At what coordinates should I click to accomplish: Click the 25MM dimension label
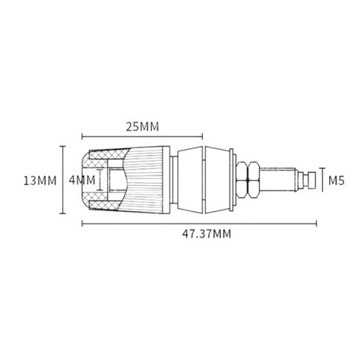click(142, 127)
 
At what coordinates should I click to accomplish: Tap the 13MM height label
click(40, 181)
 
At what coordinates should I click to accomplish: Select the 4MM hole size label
click(82, 180)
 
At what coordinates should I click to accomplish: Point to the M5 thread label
click(336, 181)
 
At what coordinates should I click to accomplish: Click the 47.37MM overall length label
click(207, 234)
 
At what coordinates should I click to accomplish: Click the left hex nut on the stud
click(241, 180)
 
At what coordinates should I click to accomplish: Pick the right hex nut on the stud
click(254, 180)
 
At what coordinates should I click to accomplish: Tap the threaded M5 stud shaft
click(278, 180)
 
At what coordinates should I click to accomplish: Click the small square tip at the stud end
click(311, 180)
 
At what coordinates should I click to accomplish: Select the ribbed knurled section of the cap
click(145, 180)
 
